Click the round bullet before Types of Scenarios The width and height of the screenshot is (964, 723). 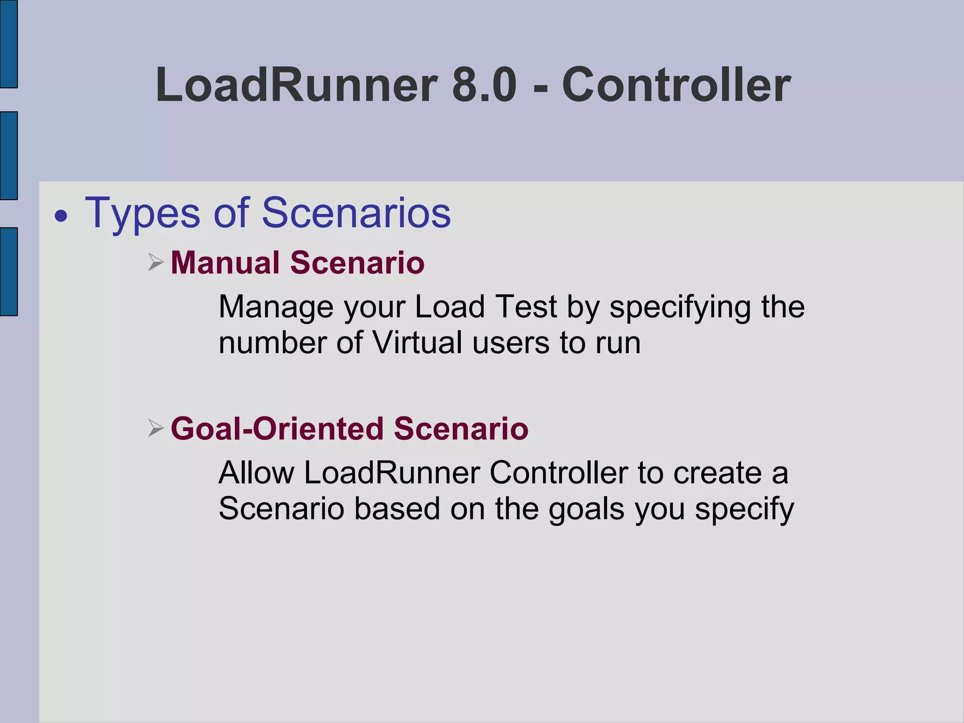[61, 217]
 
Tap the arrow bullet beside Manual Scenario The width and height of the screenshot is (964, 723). [155, 262]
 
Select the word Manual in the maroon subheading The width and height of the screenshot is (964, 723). [225, 262]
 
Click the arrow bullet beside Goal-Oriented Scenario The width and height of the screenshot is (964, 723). [155, 428]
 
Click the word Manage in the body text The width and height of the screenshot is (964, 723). [276, 307]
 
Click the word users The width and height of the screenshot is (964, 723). [511, 343]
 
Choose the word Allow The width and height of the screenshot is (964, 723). [257, 473]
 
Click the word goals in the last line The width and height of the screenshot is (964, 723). [586, 509]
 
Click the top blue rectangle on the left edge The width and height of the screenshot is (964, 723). [8, 44]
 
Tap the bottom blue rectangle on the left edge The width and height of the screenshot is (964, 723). [8, 272]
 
